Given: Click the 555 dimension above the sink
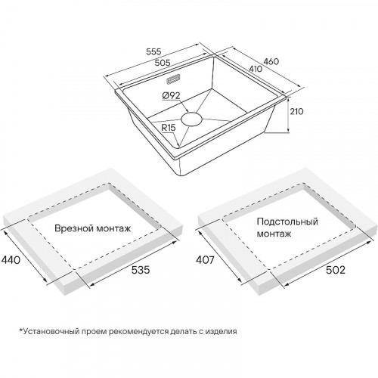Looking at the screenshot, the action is click(153, 51).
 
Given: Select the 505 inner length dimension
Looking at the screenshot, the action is click(163, 63).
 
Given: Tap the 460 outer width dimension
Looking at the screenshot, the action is click(271, 61).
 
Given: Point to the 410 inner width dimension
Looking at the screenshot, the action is click(256, 69).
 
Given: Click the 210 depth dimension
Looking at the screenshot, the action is click(296, 111).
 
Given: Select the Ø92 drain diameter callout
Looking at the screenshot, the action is click(172, 96).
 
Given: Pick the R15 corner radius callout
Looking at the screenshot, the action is click(169, 128).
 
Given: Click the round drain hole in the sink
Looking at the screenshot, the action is click(191, 119).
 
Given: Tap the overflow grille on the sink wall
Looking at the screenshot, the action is click(173, 79).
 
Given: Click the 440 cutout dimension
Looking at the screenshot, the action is click(11, 259).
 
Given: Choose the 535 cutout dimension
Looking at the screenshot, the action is click(141, 270).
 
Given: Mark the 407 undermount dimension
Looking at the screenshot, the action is click(205, 260).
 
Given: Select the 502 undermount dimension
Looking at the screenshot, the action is click(336, 270).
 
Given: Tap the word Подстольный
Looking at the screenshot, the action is click(287, 222).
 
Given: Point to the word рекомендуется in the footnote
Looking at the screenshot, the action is click(138, 331).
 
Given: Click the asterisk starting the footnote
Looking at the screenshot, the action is click(21, 330).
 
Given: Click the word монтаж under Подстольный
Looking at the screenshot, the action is click(274, 234).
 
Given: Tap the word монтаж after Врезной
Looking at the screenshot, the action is click(114, 228).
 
